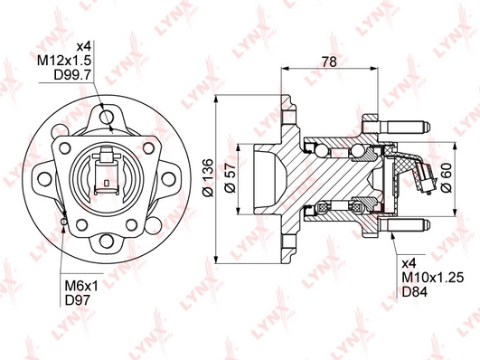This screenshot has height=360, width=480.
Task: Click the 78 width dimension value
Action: tap(329, 62)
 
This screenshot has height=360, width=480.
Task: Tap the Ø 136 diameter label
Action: tap(208, 177)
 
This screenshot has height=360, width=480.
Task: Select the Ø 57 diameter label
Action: tap(231, 178)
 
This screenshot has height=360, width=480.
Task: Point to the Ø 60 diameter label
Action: tap(447, 178)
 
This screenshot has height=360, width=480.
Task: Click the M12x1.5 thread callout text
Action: tap(64, 61)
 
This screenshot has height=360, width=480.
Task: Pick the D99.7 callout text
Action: tap(73, 75)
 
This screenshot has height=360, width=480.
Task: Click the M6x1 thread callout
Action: tap(81, 287)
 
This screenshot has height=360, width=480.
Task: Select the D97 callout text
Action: tap(78, 300)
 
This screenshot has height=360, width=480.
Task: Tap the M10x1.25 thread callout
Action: tap(433, 278)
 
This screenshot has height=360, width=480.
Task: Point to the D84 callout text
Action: tap(414, 292)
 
